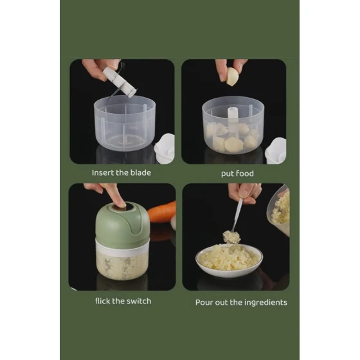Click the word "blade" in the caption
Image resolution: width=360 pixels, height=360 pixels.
click(141, 173)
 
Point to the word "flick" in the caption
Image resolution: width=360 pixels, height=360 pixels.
click(103, 301)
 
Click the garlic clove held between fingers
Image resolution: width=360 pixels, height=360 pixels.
click(232, 76)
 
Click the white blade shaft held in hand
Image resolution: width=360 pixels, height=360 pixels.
click(119, 82)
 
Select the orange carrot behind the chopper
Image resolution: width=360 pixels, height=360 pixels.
click(163, 212)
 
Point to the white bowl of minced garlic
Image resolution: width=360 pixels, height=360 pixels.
click(229, 260)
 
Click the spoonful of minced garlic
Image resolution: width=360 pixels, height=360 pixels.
click(231, 237)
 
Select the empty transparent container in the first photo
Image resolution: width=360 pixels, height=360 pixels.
click(125, 123)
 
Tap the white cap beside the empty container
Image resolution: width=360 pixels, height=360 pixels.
click(165, 148)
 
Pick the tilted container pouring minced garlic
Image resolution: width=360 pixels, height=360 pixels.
click(279, 210)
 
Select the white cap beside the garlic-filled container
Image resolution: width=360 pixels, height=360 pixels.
click(276, 151)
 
